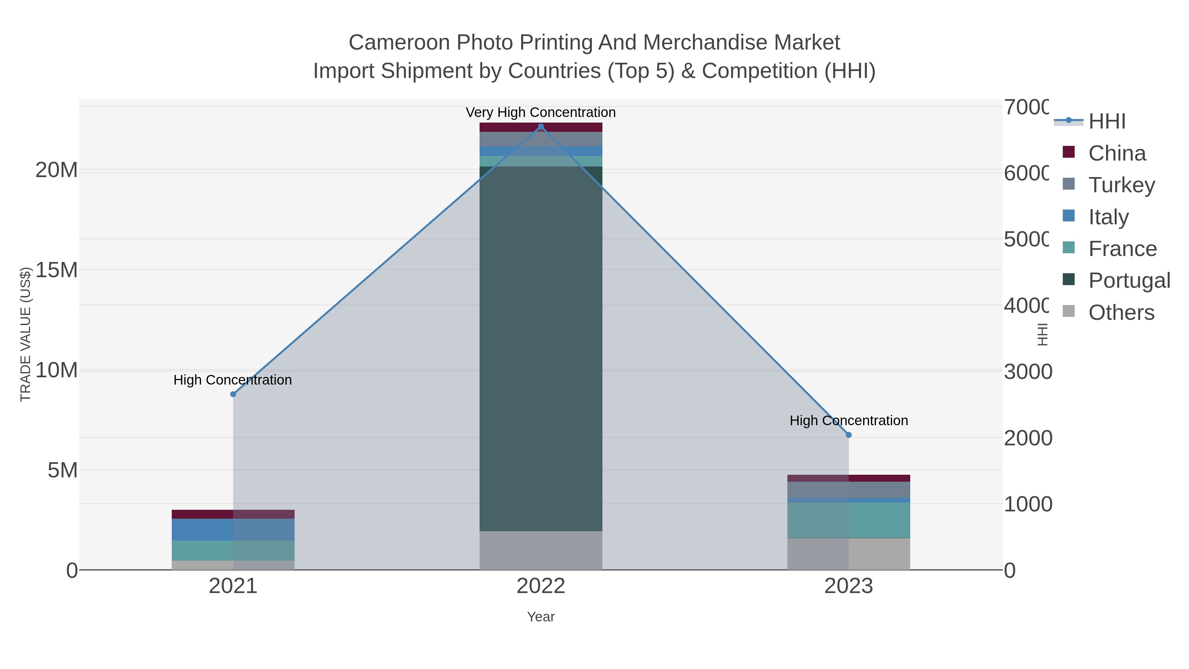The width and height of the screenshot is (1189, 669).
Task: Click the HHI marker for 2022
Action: pos(541,127)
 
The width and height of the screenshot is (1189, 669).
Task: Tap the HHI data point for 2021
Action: pos(233,394)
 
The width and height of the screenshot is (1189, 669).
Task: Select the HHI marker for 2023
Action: pos(848,435)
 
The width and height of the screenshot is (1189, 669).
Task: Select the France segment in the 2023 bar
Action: pos(848,520)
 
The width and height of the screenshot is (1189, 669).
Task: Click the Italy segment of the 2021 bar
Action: pos(233,530)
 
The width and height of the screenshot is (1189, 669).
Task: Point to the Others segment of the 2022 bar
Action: pos(541,550)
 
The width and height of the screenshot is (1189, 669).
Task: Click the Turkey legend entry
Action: pos(1121,185)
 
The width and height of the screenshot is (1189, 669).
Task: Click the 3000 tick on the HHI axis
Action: pos(1027,372)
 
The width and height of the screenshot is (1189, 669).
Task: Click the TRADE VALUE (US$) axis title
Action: pos(25,334)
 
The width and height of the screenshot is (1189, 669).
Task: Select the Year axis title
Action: pos(541,617)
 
